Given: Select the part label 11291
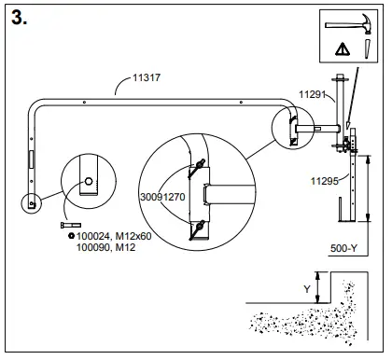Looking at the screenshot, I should [312, 93].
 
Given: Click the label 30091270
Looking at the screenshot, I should [161, 198].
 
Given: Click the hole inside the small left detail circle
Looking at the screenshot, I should [88, 181].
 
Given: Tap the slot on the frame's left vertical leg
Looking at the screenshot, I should [31, 157].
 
